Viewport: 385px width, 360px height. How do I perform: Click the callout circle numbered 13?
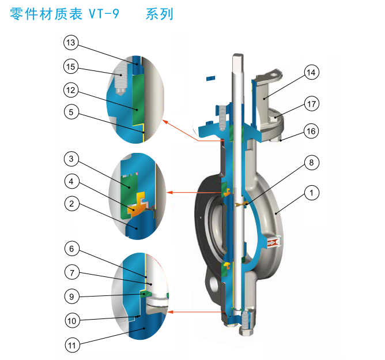(71, 43)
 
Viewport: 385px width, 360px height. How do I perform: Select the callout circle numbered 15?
(71, 66)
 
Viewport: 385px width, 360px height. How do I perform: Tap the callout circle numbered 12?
(71, 90)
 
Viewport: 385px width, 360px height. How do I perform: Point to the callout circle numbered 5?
(71, 112)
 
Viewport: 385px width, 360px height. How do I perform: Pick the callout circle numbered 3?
(71, 159)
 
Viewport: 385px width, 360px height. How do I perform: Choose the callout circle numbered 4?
(71, 182)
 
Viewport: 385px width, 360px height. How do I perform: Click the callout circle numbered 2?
(71, 204)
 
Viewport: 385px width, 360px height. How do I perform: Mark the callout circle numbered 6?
(71, 249)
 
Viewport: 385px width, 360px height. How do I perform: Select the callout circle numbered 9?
(71, 297)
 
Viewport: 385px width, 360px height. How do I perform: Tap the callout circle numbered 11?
(72, 346)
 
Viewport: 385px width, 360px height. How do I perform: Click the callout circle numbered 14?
(311, 73)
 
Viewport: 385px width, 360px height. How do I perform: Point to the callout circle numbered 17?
(312, 104)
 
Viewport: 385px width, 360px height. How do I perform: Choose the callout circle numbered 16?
(311, 131)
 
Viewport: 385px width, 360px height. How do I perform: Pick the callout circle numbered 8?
(311, 163)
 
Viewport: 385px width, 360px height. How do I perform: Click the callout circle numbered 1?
(312, 193)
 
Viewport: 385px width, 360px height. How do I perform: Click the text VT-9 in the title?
(104, 14)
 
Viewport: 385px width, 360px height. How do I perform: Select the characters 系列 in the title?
(160, 14)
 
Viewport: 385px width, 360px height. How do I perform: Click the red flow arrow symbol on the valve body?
(274, 242)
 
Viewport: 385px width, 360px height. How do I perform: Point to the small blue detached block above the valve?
(210, 78)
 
